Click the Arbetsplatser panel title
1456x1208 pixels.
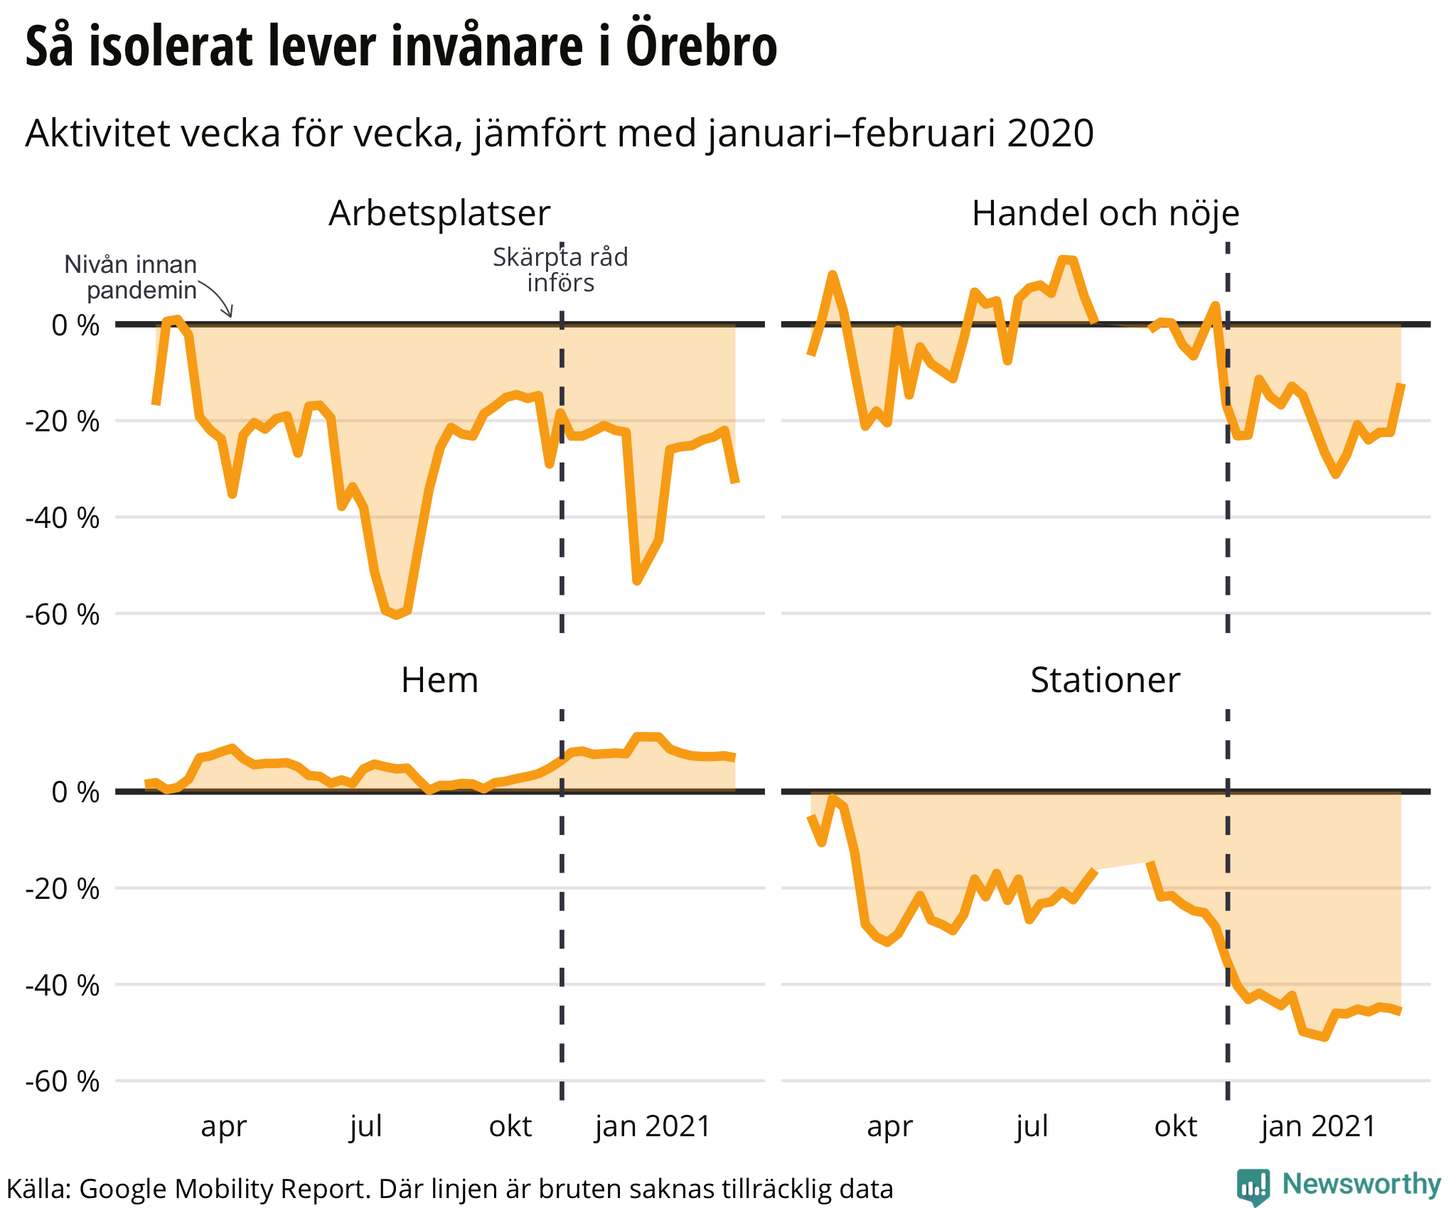click(439, 213)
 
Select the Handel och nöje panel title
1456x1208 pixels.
click(1106, 213)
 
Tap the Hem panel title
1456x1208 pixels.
click(439, 680)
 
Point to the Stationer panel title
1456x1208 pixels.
click(1105, 680)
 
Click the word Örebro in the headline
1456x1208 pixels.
click(702, 47)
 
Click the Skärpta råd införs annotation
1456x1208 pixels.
click(560, 270)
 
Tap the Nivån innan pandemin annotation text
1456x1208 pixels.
click(131, 277)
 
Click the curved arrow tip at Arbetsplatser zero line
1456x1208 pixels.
click(230, 316)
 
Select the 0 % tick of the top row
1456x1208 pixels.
click(75, 325)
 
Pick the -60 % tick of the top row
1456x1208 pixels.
click(63, 615)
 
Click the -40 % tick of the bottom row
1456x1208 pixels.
click(63, 986)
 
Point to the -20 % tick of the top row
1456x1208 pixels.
click(63, 421)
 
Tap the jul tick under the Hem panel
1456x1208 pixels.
click(366, 1126)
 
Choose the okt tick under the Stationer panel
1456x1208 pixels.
click(1176, 1126)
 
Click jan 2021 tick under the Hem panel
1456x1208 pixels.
click(653, 1126)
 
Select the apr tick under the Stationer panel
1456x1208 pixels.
click(889, 1126)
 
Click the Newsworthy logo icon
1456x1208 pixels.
click(1253, 1186)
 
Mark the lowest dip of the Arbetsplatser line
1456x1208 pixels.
click(396, 615)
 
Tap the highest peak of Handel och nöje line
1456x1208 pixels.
click(1066, 259)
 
